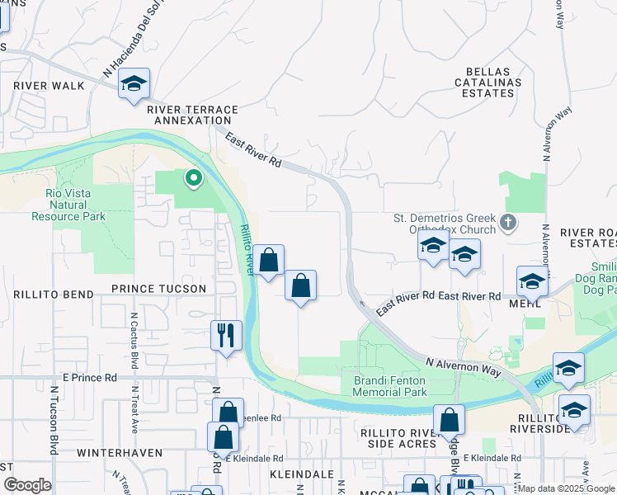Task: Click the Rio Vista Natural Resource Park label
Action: click(x=68, y=205)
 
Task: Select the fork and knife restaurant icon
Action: click(x=226, y=335)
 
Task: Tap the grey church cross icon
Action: click(x=508, y=221)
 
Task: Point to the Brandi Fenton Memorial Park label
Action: click(x=390, y=386)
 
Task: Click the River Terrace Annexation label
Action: click(x=192, y=115)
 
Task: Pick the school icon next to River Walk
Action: click(x=134, y=83)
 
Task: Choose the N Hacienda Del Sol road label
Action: click(x=130, y=49)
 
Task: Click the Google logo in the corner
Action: click(x=27, y=485)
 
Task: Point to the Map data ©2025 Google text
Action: click(x=565, y=488)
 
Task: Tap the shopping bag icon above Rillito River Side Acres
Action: click(x=449, y=420)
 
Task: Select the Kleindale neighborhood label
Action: click(x=299, y=474)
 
